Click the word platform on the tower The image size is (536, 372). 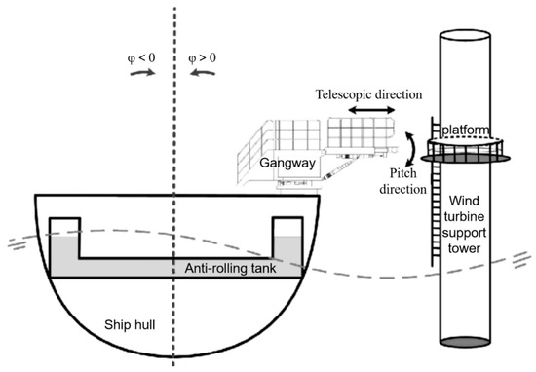[464, 130]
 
